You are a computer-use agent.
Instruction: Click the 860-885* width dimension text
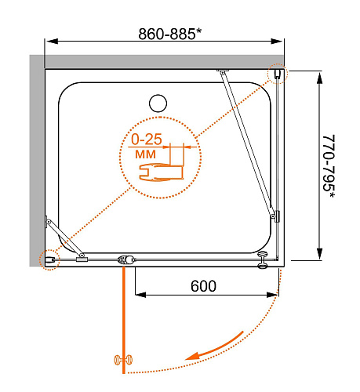pos(170,34)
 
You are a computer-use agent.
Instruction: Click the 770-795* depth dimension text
pos(329,166)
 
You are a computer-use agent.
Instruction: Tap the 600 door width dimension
pos(203,286)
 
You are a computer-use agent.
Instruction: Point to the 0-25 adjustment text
pos(147,139)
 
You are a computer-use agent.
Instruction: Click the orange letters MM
pos(145,154)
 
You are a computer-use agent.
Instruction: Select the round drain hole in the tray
pos(158,103)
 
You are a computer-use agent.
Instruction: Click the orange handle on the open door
pos(123,360)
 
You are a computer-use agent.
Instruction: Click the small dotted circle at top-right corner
pos(278,74)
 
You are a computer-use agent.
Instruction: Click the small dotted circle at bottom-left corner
pos(49,260)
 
